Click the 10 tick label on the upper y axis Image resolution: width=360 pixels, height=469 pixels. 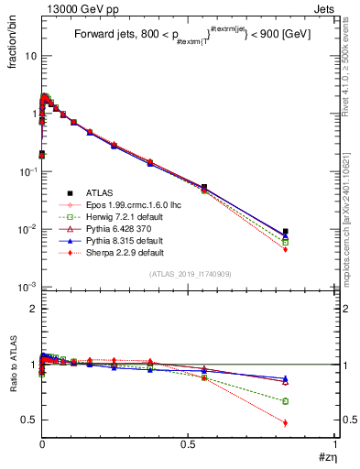pos(30,56)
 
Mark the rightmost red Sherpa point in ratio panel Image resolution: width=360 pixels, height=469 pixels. pos(286,422)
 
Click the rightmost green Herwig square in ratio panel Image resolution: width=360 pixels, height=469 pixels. pos(286,401)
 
